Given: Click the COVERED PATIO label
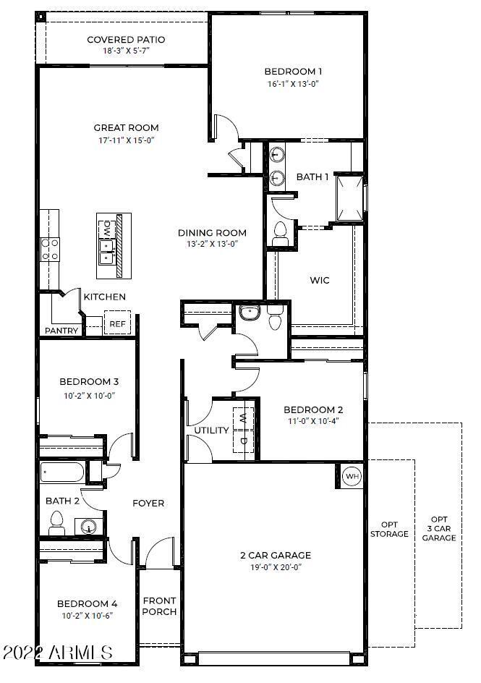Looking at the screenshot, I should point(126,40).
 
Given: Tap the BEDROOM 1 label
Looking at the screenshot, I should point(292,72).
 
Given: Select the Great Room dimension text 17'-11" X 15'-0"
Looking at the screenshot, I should point(126,140).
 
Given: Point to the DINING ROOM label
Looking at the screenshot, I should point(213,233).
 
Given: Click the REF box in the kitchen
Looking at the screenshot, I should point(117,324).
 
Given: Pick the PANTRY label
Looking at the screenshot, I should point(61,331).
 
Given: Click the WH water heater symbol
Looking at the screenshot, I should point(352,477).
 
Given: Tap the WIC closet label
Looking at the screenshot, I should point(320,280).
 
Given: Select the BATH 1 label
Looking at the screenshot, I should point(312,177).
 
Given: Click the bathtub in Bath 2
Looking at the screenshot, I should point(62,472).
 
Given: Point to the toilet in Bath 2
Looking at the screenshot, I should point(57,521).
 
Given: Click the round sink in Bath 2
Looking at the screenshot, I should point(89,525).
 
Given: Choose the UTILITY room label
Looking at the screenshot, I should point(211,430).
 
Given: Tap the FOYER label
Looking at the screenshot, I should point(148,503).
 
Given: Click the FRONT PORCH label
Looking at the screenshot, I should point(159,606).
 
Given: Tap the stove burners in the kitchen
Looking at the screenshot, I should point(50,250).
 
